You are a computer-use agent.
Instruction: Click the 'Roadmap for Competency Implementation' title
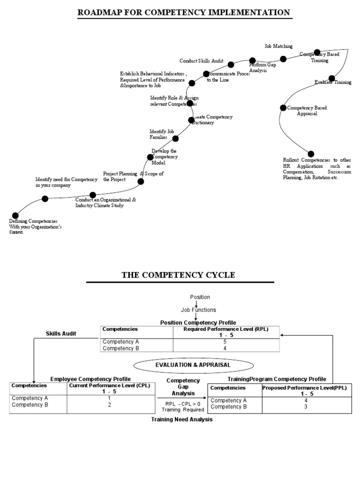184,12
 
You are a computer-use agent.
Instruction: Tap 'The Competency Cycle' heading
179,275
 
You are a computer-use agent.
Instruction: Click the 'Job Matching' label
278,46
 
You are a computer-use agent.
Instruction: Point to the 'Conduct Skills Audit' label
201,61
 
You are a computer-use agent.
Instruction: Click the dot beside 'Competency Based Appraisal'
283,108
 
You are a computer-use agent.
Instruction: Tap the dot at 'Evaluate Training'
332,78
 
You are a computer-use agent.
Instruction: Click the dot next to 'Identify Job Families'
176,138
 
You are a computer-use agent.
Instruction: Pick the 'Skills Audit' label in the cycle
61,333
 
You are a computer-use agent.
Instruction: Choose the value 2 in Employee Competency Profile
109,405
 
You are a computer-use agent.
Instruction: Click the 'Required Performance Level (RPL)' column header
226,330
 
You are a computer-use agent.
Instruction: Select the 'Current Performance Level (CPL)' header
109,386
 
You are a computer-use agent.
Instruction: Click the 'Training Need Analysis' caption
181,420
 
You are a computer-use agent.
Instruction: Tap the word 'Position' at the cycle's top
200,297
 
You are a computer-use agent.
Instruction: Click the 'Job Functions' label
198,310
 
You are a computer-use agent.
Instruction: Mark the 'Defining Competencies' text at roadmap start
33,221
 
